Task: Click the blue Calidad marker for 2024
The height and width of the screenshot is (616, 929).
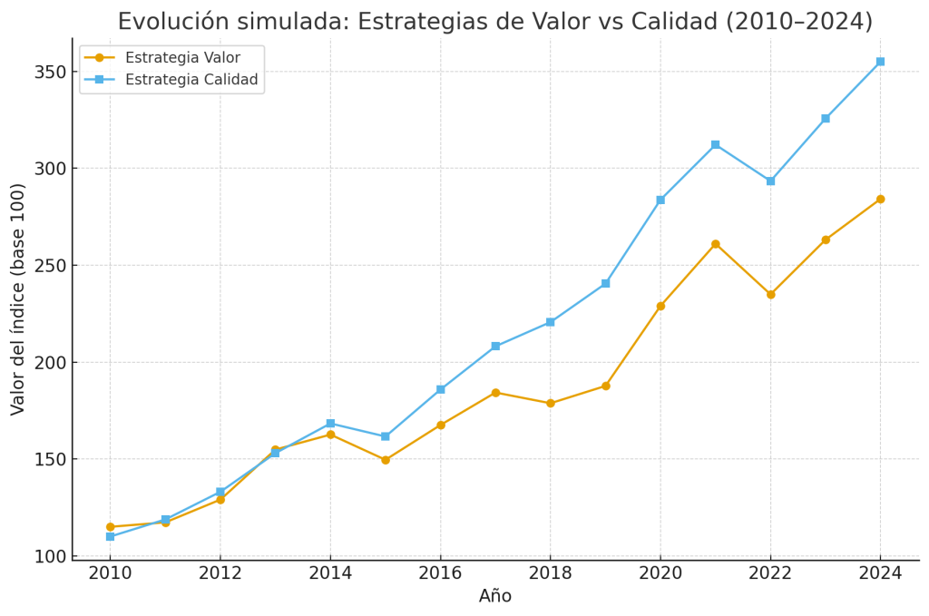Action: coord(880,62)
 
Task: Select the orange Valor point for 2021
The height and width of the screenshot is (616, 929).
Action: coord(715,244)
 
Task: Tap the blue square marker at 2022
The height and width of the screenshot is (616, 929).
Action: coord(770,181)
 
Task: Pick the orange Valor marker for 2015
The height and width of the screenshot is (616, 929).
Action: coord(385,460)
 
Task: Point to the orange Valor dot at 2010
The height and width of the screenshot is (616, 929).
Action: coord(110,527)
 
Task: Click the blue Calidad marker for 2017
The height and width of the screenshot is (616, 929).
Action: coord(495,347)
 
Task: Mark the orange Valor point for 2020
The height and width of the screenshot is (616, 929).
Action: coord(660,306)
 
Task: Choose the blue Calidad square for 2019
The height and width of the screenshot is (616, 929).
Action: coord(605,284)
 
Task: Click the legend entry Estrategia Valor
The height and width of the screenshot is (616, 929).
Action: coord(182,58)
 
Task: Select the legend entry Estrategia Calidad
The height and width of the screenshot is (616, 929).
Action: coord(191,80)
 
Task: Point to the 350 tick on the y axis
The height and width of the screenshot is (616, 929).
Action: coord(53,72)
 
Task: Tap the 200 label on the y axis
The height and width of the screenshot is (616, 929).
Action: coord(53,363)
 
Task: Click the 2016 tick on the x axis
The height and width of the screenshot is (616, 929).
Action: coord(440,572)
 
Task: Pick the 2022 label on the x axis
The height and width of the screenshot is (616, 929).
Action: coord(770,572)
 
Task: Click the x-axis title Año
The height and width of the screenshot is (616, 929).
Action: coord(495,596)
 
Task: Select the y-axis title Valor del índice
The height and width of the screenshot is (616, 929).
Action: coord(18,298)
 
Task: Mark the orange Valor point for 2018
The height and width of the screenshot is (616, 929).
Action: coord(550,404)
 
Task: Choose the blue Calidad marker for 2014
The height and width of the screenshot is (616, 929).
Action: coord(330,424)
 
